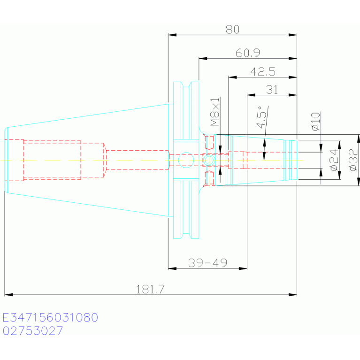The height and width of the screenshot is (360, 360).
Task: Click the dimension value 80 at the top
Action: click(232, 30)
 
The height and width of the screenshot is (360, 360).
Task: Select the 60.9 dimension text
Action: click(248, 53)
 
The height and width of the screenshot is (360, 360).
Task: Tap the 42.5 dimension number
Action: click(263, 72)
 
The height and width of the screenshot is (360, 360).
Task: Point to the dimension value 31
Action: click(272, 90)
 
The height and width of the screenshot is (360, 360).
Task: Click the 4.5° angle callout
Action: click(262, 117)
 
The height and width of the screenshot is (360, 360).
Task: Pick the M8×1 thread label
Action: click(215, 112)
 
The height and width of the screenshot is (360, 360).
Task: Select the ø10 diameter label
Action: click(316, 122)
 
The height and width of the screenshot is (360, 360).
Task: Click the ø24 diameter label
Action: click(334, 160)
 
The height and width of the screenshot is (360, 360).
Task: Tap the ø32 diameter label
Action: click(353, 160)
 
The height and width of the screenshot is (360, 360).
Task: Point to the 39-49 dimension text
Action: click(207, 263)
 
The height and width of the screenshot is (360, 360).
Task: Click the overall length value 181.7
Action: click(150, 289)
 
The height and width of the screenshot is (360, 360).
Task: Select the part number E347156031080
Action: click(50, 318)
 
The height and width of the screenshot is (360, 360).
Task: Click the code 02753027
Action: click(32, 331)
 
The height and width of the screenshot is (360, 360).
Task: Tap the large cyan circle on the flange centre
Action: click(186, 160)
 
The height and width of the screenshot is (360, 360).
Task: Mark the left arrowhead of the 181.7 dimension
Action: click(8, 295)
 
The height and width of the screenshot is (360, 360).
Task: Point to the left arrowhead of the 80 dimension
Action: click(172, 35)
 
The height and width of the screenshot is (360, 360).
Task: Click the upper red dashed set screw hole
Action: click(209, 142)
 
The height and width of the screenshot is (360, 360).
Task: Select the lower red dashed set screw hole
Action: click(209, 178)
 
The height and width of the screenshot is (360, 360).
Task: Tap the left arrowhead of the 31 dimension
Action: click(251, 95)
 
